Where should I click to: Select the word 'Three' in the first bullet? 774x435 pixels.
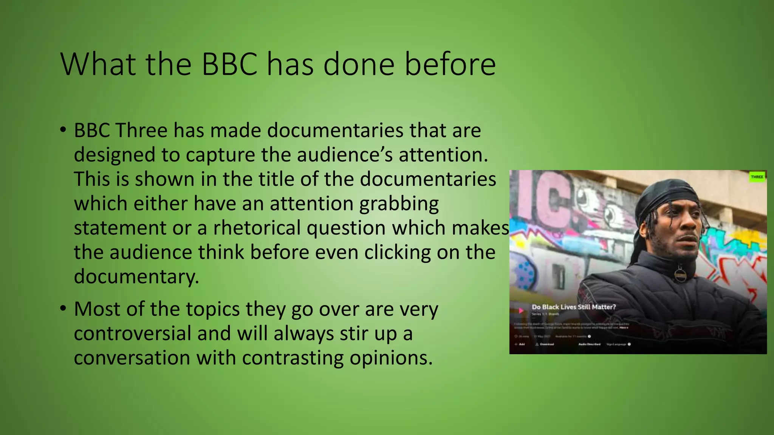141,131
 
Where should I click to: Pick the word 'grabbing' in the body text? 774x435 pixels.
399,204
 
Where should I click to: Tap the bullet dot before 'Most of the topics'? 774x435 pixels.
63,309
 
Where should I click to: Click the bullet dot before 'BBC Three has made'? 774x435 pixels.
63,130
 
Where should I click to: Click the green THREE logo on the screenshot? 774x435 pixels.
757,177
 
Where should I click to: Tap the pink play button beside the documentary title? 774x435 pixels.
521,310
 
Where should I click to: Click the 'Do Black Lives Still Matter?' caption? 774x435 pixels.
574,307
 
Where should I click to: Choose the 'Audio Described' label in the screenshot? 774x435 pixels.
589,344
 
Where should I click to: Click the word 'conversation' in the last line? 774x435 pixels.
132,358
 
